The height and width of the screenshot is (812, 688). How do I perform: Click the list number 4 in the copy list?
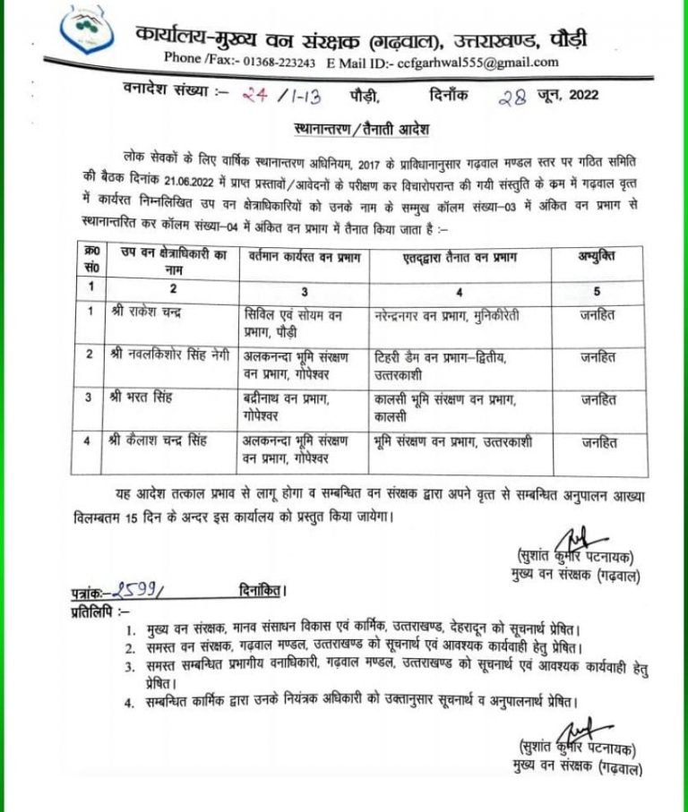pyautogui.click(x=131, y=702)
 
